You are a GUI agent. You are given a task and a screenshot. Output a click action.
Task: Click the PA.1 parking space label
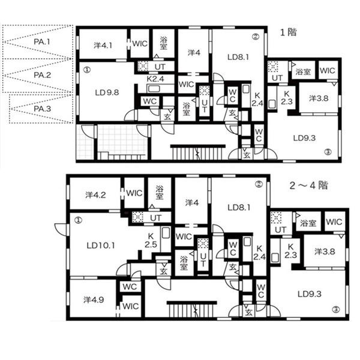[42, 42]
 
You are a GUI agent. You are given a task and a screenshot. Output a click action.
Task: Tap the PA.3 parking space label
[42, 109]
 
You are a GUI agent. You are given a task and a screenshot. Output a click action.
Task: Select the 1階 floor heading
[289, 32]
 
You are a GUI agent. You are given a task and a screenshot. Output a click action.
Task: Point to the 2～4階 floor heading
[308, 185]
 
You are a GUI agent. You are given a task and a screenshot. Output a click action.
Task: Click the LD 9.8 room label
[107, 92]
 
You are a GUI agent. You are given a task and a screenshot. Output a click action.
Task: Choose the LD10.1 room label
[101, 246]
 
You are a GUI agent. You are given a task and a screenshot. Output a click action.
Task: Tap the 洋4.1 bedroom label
[103, 46]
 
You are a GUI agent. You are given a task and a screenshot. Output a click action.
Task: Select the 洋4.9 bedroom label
[94, 300]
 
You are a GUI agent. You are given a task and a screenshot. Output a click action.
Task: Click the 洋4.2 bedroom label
[95, 195]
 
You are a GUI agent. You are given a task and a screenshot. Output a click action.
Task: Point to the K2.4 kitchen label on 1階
[155, 79]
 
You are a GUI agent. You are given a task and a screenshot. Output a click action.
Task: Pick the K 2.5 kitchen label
[151, 240]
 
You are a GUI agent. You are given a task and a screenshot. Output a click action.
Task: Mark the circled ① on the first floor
[87, 70]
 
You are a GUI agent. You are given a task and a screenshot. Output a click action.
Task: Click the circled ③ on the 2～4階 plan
[336, 310]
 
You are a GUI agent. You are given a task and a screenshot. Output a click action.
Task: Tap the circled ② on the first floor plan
[256, 37]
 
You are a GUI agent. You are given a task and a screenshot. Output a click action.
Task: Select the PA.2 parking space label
[42, 75]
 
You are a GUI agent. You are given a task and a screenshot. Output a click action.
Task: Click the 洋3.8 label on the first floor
[319, 98]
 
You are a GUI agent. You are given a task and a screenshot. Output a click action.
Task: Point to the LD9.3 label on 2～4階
[310, 294]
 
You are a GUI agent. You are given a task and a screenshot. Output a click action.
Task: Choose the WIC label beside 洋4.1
[140, 44]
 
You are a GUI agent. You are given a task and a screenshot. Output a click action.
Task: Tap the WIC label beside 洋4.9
[130, 306]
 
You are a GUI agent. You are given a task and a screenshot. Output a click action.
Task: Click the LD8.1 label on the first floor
[238, 57]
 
